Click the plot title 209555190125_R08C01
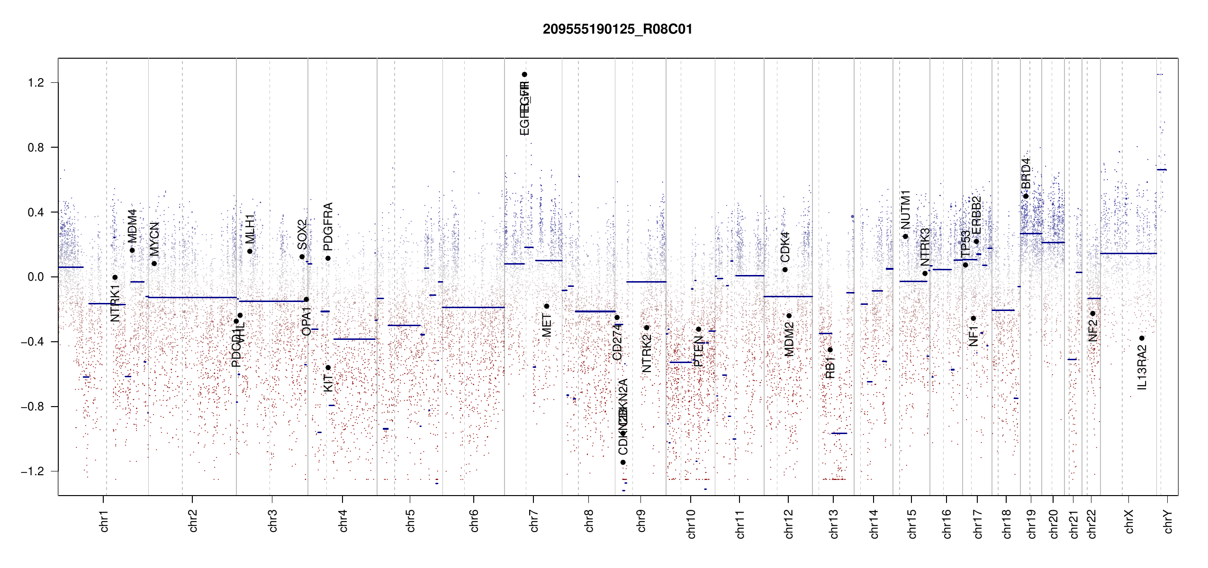(617, 29)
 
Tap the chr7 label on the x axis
(534, 521)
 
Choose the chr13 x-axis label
(834, 524)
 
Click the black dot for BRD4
(1026, 196)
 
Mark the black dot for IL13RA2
(1142, 338)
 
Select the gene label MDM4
(132, 226)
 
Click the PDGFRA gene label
(328, 227)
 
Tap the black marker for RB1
(830, 350)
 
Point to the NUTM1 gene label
(905, 209)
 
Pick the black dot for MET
(546, 306)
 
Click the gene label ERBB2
(976, 215)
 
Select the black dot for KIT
(328, 368)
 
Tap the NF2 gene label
(1093, 330)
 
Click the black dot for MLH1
(250, 251)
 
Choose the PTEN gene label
(698, 351)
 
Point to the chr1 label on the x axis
(104, 521)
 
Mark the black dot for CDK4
(785, 270)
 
